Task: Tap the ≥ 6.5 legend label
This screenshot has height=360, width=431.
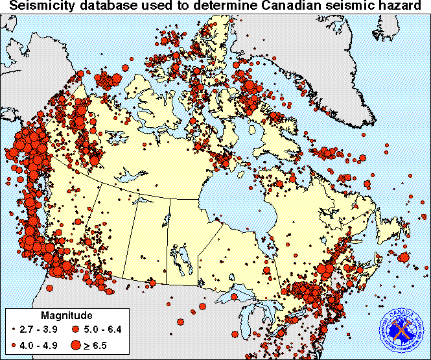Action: [99, 344]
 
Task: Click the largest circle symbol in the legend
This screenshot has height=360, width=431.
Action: [78, 344]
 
